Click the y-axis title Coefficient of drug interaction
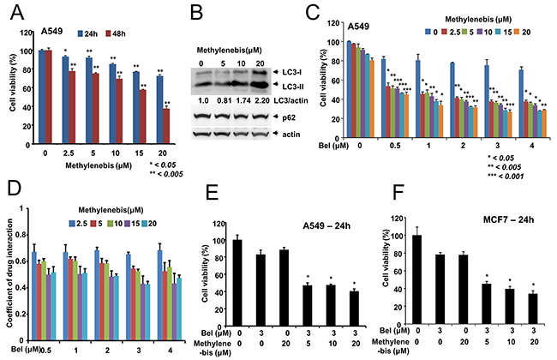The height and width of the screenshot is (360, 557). (x=11, y=270)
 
